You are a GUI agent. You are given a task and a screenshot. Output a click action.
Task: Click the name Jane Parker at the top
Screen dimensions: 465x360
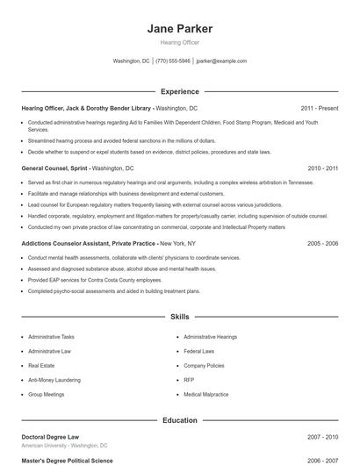click(179, 28)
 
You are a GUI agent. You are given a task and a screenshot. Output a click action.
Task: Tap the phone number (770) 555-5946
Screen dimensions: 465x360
click(173, 61)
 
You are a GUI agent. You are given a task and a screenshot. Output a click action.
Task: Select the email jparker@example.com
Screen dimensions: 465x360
click(221, 61)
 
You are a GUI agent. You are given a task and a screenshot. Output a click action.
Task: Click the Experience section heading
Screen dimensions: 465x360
click(179, 91)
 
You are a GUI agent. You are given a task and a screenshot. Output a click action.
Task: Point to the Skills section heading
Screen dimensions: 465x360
click(179, 316)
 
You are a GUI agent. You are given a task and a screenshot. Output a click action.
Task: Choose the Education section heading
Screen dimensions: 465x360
click(179, 420)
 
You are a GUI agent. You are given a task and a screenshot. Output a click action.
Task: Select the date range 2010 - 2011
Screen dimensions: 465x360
click(322, 168)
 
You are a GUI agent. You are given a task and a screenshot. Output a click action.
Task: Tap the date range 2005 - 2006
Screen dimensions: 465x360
click(322, 243)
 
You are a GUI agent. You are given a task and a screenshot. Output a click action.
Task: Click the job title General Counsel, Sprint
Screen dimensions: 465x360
click(54, 168)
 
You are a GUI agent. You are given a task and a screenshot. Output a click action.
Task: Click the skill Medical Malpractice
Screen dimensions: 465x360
click(207, 394)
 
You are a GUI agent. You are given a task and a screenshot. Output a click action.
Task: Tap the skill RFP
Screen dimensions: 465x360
click(189, 380)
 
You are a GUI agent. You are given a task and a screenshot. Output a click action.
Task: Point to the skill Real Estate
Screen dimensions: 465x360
click(40, 365)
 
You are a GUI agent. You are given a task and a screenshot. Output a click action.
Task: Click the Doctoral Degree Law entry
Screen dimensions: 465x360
click(51, 436)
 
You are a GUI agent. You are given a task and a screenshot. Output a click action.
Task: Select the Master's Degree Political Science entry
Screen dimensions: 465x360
click(67, 459)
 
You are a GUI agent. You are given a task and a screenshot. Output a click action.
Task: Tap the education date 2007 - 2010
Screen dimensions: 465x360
click(322, 436)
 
